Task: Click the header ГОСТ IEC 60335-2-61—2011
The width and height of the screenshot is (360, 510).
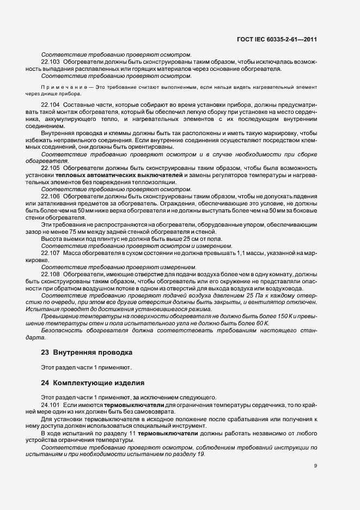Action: point(277,39)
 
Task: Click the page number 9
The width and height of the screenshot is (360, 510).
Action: point(315,466)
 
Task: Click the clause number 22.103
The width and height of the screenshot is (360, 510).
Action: point(50,63)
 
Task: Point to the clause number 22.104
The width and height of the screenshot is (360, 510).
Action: point(50,104)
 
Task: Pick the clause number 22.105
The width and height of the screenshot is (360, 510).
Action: point(50,168)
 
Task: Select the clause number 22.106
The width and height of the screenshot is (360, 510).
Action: point(50,195)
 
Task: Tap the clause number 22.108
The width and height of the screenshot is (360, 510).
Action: point(50,274)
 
